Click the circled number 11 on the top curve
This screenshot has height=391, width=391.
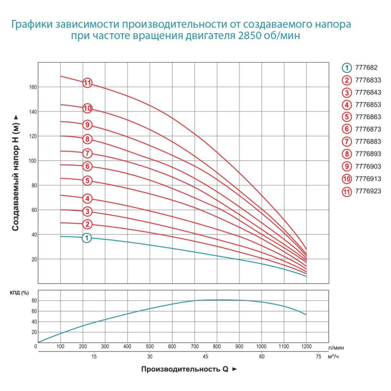tap(87, 83)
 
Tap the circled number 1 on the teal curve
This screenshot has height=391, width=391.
tap(87, 238)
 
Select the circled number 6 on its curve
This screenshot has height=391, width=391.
tap(87, 166)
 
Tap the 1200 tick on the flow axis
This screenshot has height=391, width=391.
tap(306, 347)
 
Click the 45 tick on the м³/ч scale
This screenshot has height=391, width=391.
tap(206, 357)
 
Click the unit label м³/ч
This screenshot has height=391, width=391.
tap(333, 357)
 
